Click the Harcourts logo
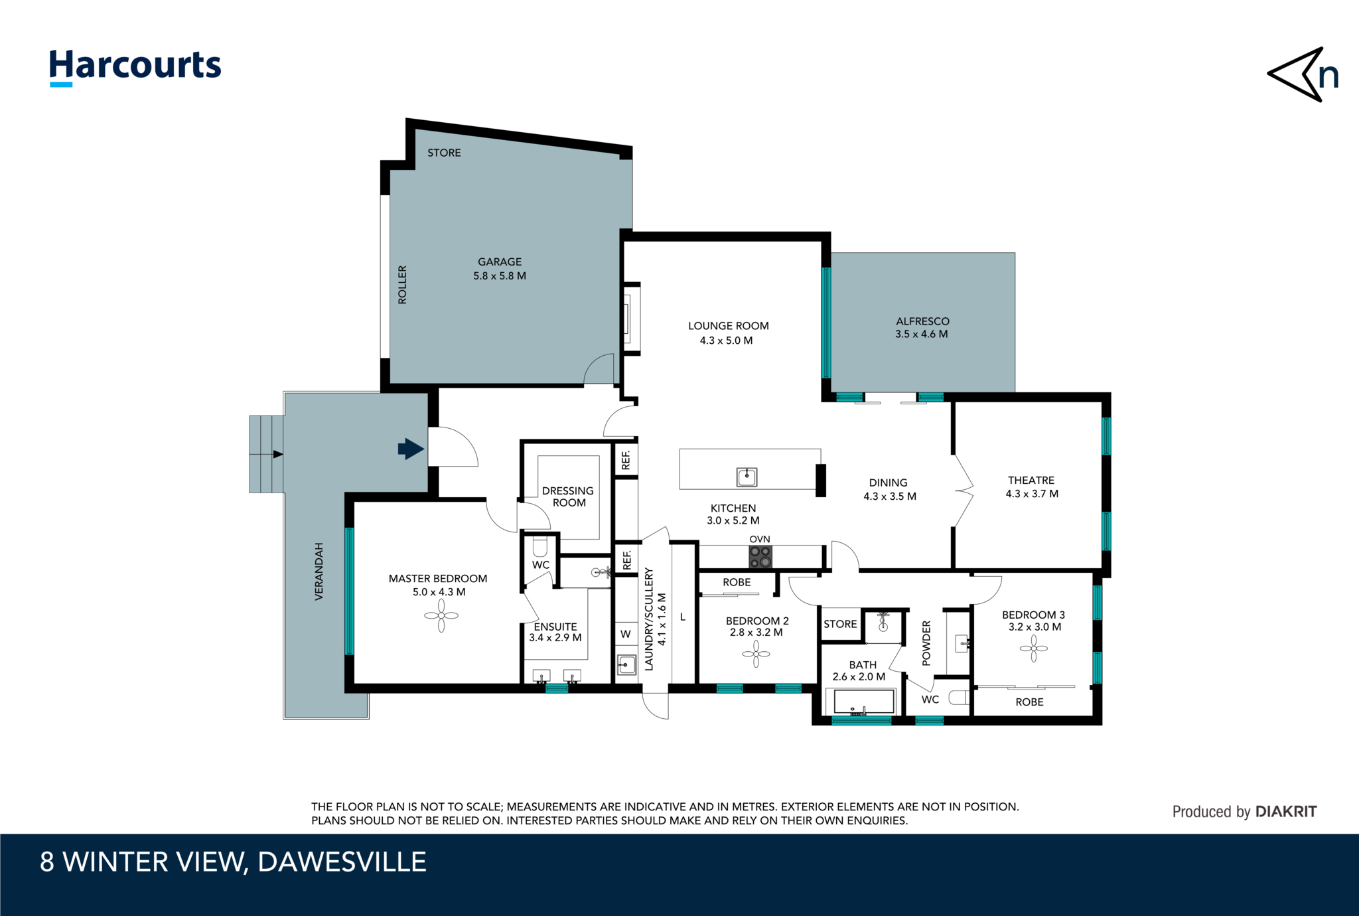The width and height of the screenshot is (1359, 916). (135, 67)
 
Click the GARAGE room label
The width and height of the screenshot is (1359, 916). (500, 262)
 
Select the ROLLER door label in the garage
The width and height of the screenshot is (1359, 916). (402, 285)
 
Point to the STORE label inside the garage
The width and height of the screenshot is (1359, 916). (444, 153)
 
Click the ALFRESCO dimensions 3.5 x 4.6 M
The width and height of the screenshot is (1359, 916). (922, 335)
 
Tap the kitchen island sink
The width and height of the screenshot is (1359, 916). (747, 476)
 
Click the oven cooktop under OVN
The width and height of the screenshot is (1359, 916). (760, 557)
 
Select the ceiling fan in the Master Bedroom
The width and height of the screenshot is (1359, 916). (441, 616)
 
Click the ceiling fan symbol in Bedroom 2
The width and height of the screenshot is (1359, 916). (756, 654)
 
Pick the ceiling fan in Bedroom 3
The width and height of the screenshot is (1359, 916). (1033, 649)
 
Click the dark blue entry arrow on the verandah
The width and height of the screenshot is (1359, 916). (411, 449)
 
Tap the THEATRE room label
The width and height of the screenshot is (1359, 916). (1031, 480)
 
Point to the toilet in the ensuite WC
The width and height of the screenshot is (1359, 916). (540, 547)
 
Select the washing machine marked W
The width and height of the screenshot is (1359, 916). (626, 634)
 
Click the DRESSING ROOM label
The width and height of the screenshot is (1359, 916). (568, 496)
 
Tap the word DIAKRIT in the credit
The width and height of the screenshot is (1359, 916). (1286, 811)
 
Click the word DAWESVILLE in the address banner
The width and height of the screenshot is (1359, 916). (342, 862)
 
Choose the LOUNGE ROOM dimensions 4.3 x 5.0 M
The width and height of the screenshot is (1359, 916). (726, 341)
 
